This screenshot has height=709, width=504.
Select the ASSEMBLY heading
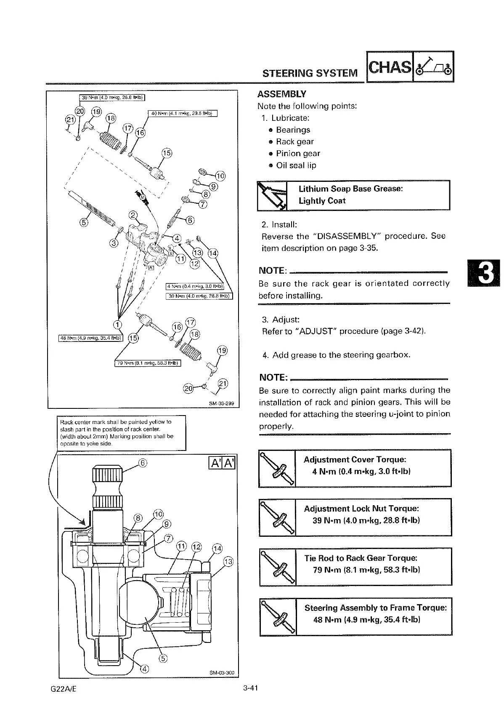(282, 94)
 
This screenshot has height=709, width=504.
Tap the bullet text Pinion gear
(298, 153)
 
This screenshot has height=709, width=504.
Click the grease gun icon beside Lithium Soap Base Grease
(272, 195)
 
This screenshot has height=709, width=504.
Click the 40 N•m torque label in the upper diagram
(183, 113)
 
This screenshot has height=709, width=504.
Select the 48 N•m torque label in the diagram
(90, 337)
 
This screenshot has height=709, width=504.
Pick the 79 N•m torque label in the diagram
(147, 363)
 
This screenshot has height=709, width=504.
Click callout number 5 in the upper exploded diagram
(84, 222)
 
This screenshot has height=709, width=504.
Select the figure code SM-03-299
(221, 403)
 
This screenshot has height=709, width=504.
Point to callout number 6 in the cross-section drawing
(143, 463)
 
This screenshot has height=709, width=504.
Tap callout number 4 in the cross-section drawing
(144, 669)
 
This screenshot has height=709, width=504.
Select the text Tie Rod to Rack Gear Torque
(361, 558)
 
